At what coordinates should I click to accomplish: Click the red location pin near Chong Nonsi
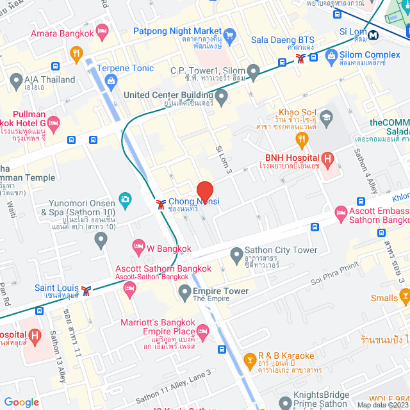(204, 192)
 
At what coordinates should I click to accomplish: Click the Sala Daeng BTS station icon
(301, 58)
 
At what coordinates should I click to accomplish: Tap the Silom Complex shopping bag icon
(331, 57)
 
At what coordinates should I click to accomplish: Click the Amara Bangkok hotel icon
(102, 33)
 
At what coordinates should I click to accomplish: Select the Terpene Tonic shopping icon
(111, 81)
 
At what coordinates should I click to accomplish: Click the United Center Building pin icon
(222, 98)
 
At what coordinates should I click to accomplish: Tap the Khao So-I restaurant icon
(300, 138)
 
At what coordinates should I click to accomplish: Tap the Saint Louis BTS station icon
(85, 291)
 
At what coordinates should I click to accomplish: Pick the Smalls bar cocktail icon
(405, 297)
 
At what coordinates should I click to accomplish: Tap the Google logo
(22, 402)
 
